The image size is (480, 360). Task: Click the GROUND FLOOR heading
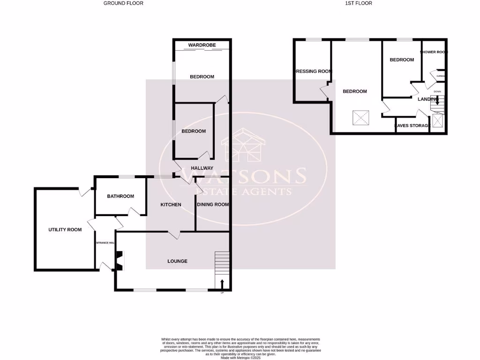click(x=123, y=3)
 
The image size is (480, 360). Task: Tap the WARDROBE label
click(x=202, y=45)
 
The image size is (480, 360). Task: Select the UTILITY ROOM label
click(x=65, y=230)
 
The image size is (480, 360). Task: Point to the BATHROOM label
click(x=120, y=196)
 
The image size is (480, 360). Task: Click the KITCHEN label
click(x=171, y=205)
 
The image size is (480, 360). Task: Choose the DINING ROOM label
click(x=213, y=205)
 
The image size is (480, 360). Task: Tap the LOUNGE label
click(x=177, y=261)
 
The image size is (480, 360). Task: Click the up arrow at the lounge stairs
click(x=222, y=283)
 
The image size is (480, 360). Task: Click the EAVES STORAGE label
click(x=412, y=126)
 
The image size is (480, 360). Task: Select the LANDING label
click(x=427, y=99)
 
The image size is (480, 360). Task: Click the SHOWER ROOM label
click(x=434, y=52)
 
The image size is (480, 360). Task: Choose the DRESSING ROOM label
click(x=313, y=72)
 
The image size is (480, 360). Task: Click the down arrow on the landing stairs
click(x=437, y=99)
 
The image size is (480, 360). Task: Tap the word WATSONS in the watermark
click(x=243, y=176)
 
